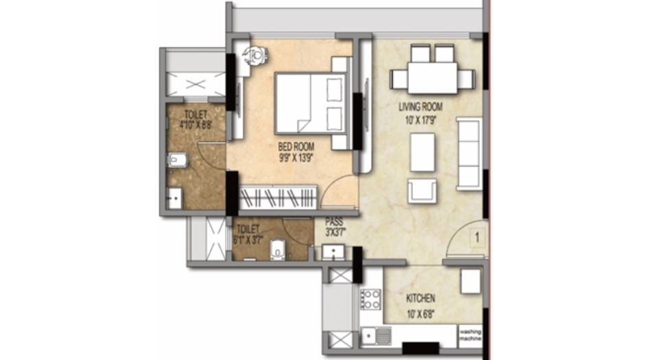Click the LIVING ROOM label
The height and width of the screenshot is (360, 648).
(x=420, y=107)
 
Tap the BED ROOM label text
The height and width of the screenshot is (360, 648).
(x=296, y=146)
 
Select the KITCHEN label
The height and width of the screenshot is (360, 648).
(x=420, y=299)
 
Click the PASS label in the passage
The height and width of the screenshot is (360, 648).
(x=335, y=222)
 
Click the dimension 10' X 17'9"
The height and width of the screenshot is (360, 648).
(x=420, y=118)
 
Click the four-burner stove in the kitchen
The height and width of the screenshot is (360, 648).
(x=371, y=300)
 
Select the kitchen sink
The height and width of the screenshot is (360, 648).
(x=376, y=335)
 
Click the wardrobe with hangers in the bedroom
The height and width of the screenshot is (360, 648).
(x=278, y=198)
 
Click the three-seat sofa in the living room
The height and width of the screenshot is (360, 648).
(x=470, y=153)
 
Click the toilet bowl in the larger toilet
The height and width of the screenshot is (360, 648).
(x=176, y=160)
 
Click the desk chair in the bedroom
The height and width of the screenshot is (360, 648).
(x=256, y=53)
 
